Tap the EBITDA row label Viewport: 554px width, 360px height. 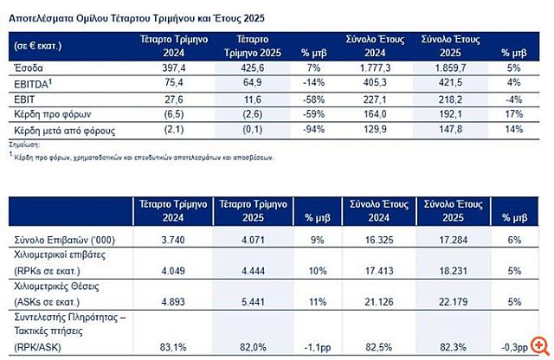coord(32,82)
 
